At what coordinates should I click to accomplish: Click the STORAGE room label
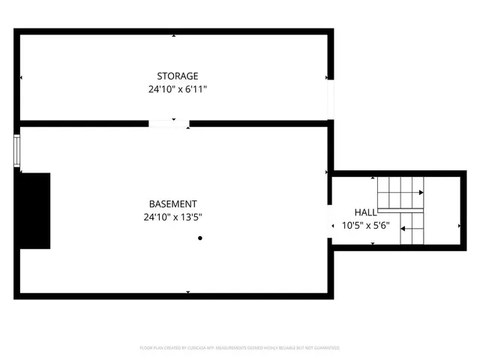click(177, 76)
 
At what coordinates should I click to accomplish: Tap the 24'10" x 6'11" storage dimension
click(177, 89)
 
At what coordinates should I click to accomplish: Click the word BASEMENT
click(172, 203)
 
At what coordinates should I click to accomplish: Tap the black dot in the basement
click(200, 238)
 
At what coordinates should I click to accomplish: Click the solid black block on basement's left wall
click(34, 211)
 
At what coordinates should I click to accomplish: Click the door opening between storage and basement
click(169, 123)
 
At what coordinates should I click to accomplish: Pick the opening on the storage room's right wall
click(329, 98)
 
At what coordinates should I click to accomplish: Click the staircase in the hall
click(400, 211)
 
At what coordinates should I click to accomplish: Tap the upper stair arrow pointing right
click(410, 193)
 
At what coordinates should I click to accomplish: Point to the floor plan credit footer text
click(240, 348)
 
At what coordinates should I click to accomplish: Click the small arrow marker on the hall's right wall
click(459, 225)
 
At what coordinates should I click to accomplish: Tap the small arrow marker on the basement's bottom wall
click(187, 292)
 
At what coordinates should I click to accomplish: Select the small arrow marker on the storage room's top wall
click(174, 35)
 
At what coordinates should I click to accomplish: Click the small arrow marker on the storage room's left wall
click(21, 77)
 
